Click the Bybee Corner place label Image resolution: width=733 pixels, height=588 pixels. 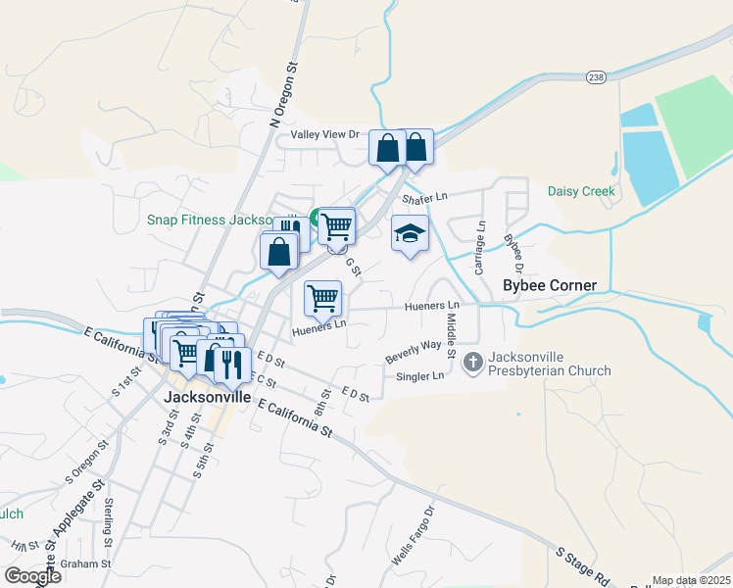pos(549,285)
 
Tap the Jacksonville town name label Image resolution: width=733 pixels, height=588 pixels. pos(207,398)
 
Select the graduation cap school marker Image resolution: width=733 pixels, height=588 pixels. pos(410,233)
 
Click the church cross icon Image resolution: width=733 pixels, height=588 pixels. pos(472,363)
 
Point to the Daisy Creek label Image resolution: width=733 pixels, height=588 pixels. pos(581,191)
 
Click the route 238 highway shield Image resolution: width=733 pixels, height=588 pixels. pos(597,76)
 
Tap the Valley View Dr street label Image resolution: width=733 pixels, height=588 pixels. pos(326,134)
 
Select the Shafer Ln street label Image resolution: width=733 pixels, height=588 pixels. pos(424,196)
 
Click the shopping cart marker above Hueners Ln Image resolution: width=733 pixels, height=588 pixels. pos(322,296)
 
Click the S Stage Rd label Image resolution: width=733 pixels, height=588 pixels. pos(583,566)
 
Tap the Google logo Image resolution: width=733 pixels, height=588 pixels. pos(32,575)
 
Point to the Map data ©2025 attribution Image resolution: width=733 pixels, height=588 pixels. pos(691,580)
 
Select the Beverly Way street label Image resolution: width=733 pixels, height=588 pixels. pos(413,350)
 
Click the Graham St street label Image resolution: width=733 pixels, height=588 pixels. pos(85,563)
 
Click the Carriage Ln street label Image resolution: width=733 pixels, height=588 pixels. pos(480,248)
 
